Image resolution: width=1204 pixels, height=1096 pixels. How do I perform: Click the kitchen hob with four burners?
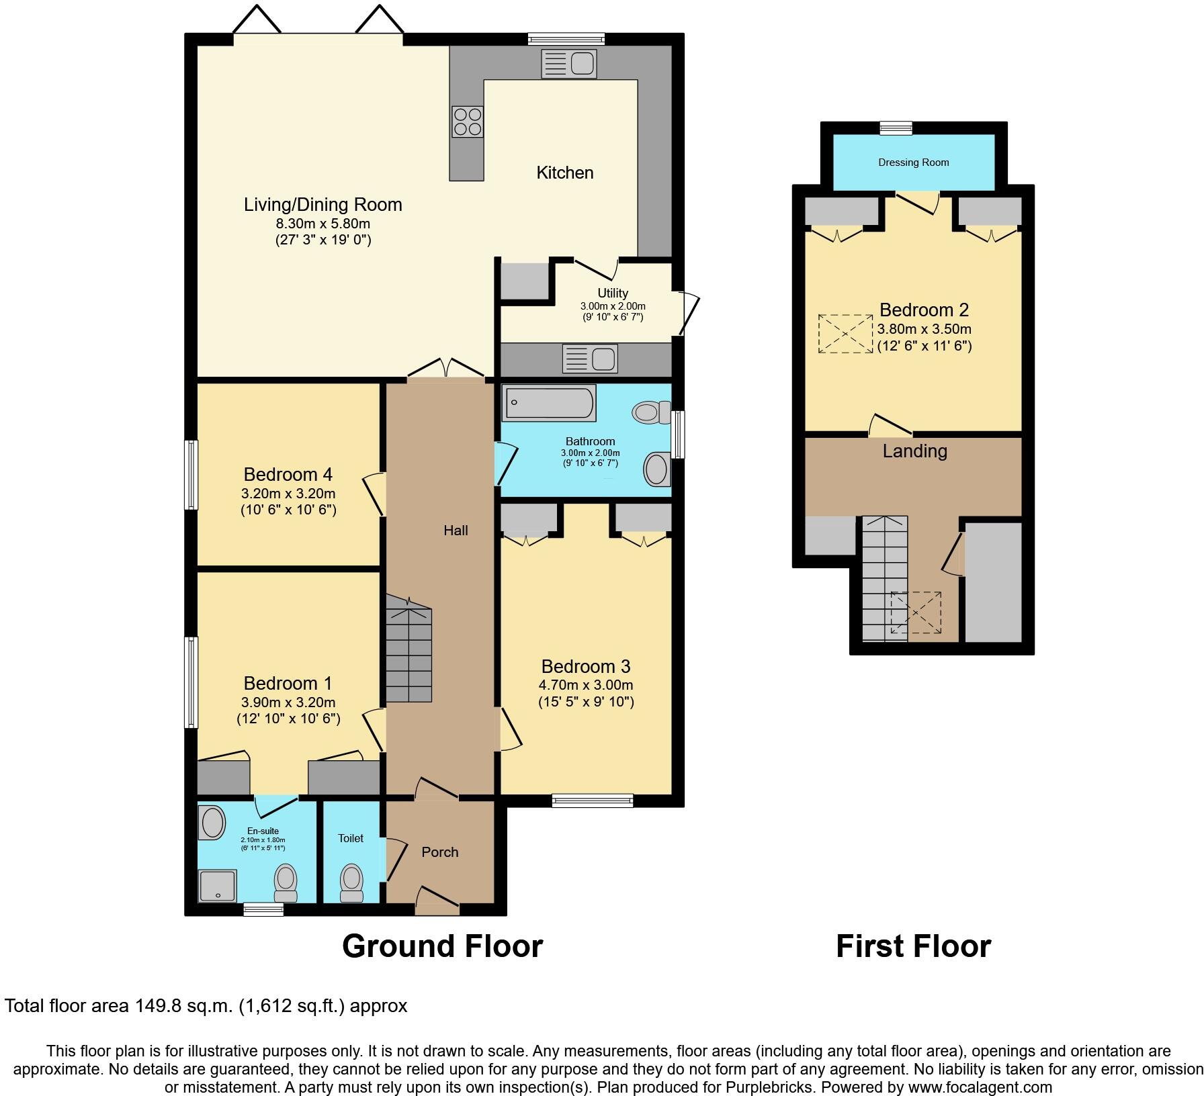pyautogui.click(x=468, y=122)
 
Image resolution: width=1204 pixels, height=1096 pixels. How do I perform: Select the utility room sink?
pyautogui.click(x=590, y=359)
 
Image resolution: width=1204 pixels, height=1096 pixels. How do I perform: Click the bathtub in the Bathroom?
pyautogui.click(x=548, y=403)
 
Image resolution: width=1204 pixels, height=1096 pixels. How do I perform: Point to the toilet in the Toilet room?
pyautogui.click(x=351, y=881)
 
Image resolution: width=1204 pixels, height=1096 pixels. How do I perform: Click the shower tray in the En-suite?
pyautogui.click(x=218, y=885)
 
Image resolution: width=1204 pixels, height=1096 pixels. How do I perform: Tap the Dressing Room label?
pyautogui.click(x=913, y=163)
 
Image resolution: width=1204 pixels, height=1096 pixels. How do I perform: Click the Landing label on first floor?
pyautogui.click(x=914, y=451)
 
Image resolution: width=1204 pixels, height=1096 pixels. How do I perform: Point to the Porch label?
pyautogui.click(x=440, y=852)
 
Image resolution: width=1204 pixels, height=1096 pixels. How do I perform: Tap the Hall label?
pyautogui.click(x=456, y=531)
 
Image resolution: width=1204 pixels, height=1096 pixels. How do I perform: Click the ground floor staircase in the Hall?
pyautogui.click(x=408, y=651)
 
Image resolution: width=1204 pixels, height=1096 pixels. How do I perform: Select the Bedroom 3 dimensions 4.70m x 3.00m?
pyautogui.click(x=586, y=685)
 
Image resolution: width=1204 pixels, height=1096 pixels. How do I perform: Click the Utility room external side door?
pyautogui.click(x=687, y=312)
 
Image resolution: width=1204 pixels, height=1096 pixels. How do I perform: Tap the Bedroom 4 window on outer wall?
pyautogui.click(x=191, y=474)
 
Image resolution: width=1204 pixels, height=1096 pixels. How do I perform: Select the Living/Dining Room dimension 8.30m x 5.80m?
pyautogui.click(x=322, y=223)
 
